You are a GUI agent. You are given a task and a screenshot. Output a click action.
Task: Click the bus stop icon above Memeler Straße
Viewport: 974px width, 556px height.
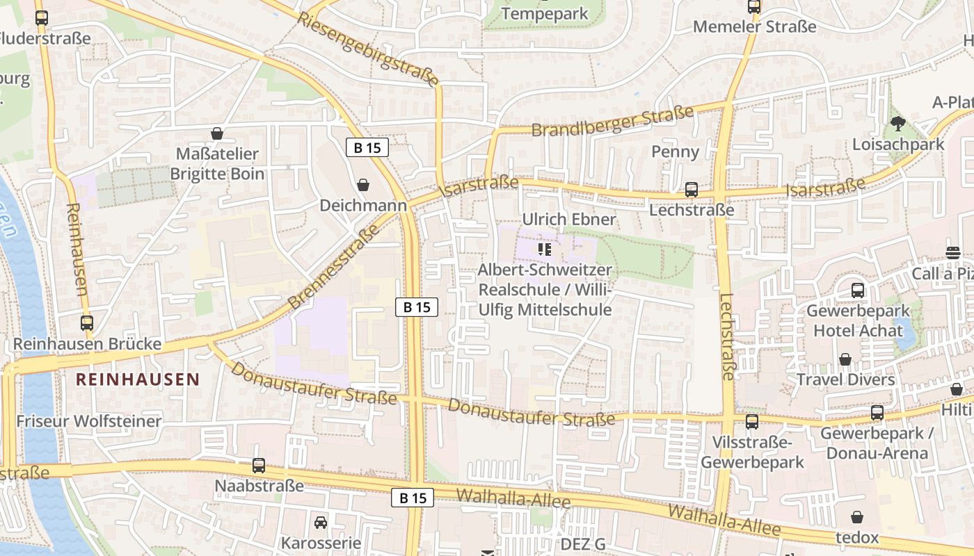(754, 7)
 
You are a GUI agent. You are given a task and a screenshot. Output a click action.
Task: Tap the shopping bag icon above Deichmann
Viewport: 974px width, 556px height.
(363, 185)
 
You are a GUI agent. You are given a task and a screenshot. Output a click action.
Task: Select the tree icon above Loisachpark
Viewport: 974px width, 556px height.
(898, 124)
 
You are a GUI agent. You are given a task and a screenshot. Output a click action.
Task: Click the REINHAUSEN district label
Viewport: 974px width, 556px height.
(138, 379)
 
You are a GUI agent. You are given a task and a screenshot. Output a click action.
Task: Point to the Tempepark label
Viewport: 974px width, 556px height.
(545, 14)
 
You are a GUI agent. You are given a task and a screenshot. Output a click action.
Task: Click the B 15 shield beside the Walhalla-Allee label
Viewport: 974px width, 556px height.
(413, 498)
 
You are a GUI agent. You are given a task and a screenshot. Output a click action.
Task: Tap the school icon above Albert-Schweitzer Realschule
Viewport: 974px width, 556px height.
(545, 249)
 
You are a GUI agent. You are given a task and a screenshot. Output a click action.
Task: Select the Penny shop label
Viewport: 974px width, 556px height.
(675, 152)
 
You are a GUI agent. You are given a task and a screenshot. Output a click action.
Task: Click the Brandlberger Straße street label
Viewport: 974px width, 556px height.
(612, 122)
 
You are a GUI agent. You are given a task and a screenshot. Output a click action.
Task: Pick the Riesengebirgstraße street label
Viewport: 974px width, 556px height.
(369, 49)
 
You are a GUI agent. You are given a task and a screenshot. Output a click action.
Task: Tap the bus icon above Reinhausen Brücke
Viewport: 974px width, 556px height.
(87, 323)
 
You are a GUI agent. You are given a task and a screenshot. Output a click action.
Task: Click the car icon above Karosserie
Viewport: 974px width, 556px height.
(321, 522)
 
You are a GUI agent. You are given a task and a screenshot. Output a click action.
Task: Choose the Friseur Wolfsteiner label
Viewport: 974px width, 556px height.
(89, 421)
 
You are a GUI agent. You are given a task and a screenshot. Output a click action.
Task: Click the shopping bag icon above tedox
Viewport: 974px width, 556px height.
(857, 518)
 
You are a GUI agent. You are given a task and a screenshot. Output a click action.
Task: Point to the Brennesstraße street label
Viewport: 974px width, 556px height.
(334, 267)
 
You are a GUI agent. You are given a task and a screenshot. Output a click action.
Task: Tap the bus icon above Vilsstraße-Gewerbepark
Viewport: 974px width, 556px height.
(752, 422)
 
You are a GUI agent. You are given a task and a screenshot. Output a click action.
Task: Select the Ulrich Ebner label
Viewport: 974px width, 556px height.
(569, 220)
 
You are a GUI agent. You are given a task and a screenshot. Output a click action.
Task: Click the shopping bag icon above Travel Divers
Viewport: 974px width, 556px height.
(845, 359)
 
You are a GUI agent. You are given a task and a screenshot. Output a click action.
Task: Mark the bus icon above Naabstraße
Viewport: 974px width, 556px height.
(259, 465)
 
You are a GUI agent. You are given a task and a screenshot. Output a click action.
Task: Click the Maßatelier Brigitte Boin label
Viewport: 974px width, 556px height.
(217, 164)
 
